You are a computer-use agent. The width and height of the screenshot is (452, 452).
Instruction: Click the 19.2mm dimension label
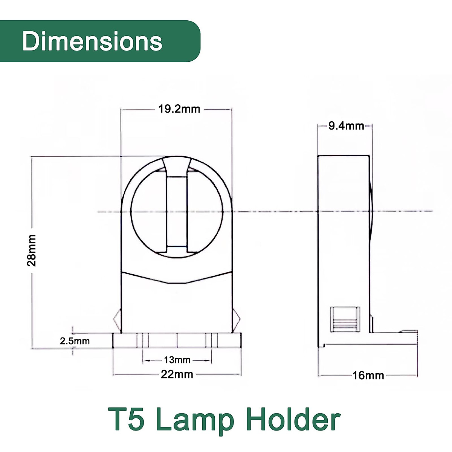179,109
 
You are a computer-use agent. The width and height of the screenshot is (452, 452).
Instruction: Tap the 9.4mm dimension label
346,126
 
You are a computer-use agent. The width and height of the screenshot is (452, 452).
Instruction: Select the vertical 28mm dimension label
32,250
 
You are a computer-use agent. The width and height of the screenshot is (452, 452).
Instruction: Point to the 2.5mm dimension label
75,341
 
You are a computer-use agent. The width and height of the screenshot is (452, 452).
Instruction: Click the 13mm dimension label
177,360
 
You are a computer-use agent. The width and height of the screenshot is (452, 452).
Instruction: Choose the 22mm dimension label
177,374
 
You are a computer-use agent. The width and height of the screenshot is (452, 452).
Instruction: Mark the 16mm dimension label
368,376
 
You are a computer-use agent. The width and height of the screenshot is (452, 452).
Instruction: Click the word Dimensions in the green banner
92,41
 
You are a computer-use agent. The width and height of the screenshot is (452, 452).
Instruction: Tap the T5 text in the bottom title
127,419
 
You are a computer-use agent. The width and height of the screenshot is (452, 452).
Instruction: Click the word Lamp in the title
195,419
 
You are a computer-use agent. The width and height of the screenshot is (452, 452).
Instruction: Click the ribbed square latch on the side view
345,319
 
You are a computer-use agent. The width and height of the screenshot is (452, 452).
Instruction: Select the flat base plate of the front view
177,341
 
